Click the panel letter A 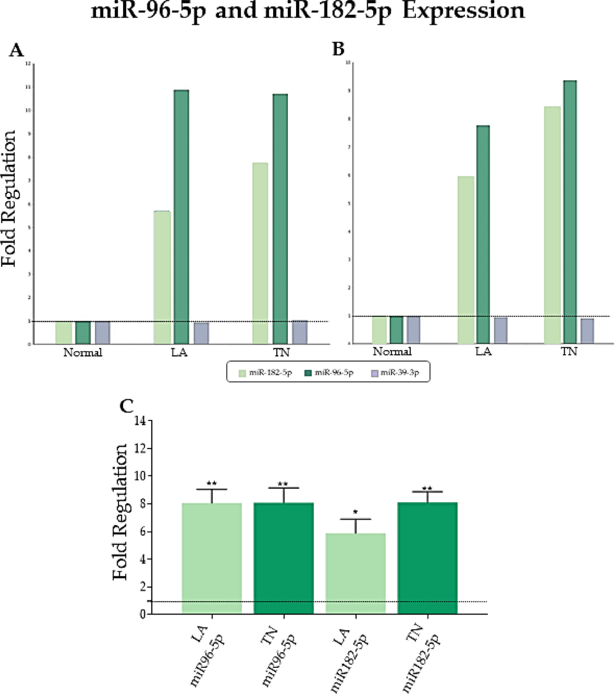coord(16,51)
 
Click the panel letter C coord(127,407)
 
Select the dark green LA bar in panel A coord(181,217)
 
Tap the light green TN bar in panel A coord(260,253)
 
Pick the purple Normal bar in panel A coord(103,333)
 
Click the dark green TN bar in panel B coord(570,212)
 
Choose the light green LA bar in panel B coord(466,260)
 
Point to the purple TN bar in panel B coord(587,331)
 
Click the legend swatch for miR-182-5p coord(242,373)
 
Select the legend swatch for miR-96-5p coord(308,373)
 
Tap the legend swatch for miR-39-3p coord(374,373)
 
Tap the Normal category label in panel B coord(392,351)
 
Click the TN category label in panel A coord(281,353)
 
